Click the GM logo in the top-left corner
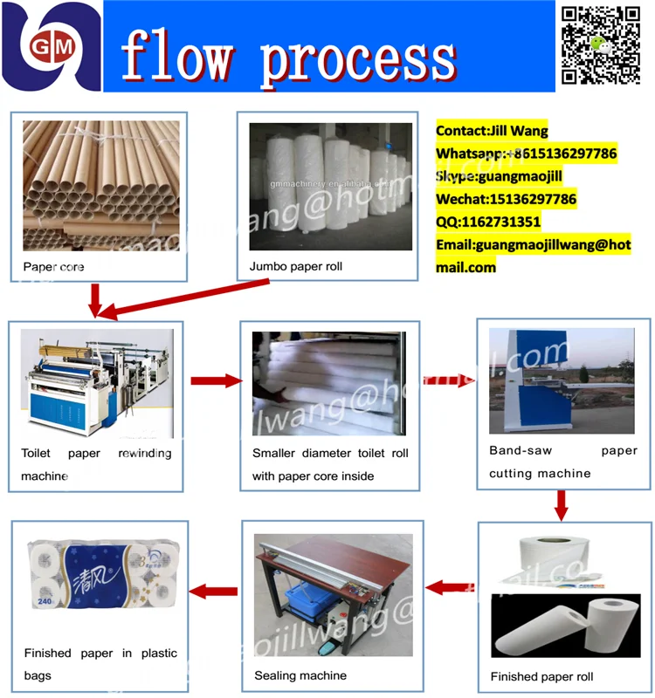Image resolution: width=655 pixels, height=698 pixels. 51,45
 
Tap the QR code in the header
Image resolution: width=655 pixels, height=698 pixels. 601,45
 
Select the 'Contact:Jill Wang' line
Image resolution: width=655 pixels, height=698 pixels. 493,131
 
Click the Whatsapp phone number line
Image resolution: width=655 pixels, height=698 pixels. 527,154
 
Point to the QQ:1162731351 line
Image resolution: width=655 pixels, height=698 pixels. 488,222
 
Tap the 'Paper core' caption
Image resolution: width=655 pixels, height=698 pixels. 53,266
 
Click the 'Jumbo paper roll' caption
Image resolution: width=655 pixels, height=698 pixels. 296,266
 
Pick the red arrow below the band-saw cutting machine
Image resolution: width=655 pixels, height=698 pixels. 562,503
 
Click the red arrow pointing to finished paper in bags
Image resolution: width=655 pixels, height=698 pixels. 214,592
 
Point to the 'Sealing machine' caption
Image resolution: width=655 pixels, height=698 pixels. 300,675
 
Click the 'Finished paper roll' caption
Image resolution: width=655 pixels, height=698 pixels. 541,677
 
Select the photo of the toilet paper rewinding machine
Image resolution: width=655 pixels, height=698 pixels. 96,384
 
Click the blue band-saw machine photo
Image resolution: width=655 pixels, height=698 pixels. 562,380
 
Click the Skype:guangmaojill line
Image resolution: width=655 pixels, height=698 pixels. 500,176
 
